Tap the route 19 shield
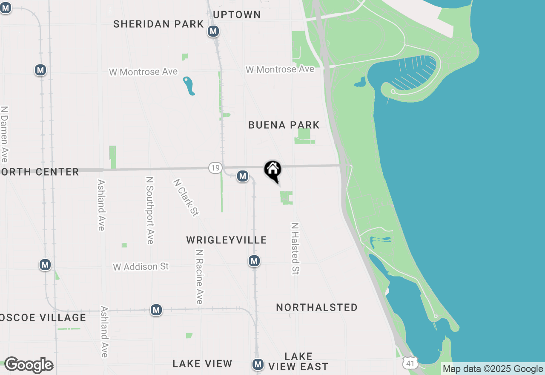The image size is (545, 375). [x=215, y=168]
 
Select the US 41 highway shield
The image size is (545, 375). [x=409, y=363]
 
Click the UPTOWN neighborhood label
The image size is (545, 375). [x=237, y=14]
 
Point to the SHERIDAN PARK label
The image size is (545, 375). [x=158, y=24]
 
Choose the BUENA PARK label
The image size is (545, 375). [x=284, y=125]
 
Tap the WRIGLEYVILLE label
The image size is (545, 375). [x=227, y=240]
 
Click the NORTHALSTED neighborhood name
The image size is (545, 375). [x=317, y=308]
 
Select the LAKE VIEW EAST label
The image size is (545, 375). [x=298, y=361]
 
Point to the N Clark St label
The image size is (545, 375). [x=186, y=197]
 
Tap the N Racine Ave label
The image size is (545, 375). [x=199, y=277]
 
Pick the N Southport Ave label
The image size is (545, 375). [x=149, y=211]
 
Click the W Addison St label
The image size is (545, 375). [x=141, y=267]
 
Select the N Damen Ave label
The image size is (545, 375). [x=5, y=134]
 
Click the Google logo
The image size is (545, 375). [x=29, y=365]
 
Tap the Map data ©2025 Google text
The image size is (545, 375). [x=493, y=369]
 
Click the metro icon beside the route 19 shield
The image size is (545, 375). [x=243, y=176]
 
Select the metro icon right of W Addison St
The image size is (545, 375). [x=254, y=261]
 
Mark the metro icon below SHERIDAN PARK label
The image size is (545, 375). [x=213, y=31]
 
